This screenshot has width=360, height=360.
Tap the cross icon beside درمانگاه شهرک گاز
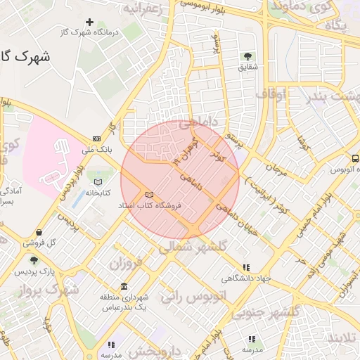89,22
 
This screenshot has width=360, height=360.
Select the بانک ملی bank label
97,150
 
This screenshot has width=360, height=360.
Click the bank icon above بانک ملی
96,139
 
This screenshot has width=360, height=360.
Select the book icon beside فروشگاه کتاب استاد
148,195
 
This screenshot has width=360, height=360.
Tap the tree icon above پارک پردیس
34,259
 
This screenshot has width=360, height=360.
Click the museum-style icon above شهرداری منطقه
124,286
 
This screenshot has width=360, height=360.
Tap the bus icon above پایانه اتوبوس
355,159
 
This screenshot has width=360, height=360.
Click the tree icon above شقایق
247,56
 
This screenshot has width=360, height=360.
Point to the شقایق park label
247,67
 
